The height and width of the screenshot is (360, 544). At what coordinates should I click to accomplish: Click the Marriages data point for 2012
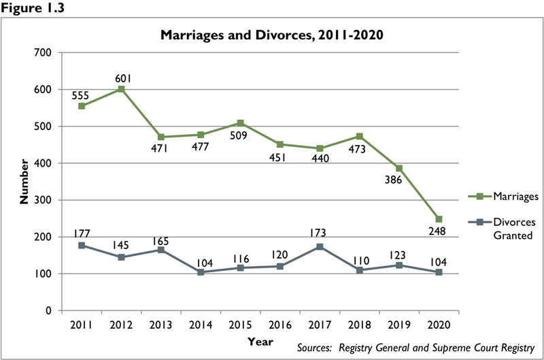(x=121, y=89)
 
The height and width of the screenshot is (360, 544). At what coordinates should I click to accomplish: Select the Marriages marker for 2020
(x=439, y=219)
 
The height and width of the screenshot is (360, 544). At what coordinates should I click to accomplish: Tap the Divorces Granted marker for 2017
(x=320, y=247)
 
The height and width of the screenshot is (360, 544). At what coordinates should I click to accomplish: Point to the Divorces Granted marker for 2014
(x=201, y=272)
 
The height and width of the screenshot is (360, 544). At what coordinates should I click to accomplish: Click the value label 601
(x=121, y=76)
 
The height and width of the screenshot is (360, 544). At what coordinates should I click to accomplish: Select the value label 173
(x=320, y=233)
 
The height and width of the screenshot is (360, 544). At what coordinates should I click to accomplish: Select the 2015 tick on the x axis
(x=240, y=324)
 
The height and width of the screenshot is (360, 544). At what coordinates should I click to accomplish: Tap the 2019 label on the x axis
(x=399, y=324)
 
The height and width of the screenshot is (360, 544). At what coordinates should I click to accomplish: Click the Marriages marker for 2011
(x=82, y=106)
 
